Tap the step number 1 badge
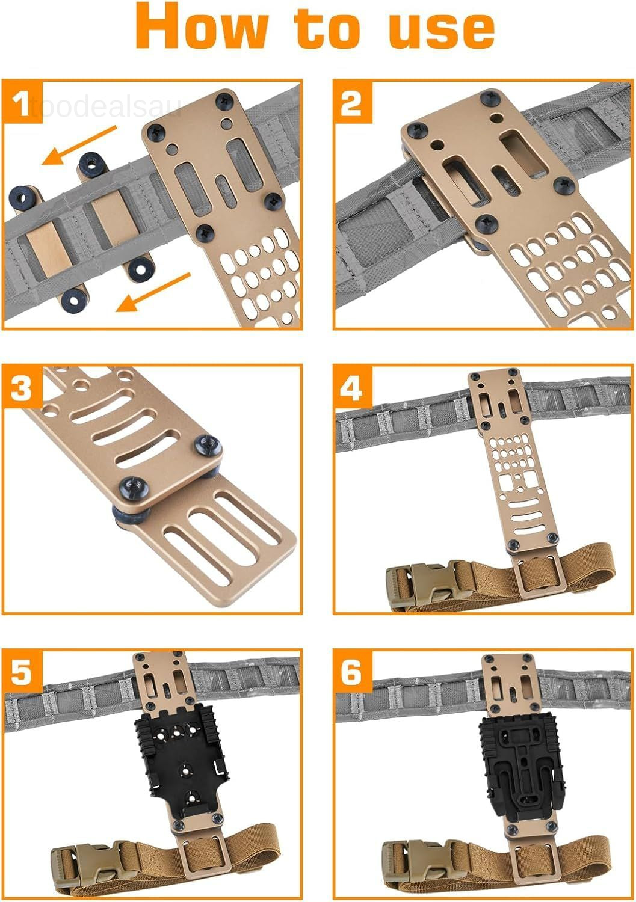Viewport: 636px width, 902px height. click(x=22, y=102)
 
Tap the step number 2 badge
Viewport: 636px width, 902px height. click(x=352, y=102)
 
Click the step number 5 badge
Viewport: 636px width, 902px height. click(x=22, y=671)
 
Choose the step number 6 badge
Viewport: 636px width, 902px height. click(x=352, y=671)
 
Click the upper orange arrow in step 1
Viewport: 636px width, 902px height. click(x=79, y=146)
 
